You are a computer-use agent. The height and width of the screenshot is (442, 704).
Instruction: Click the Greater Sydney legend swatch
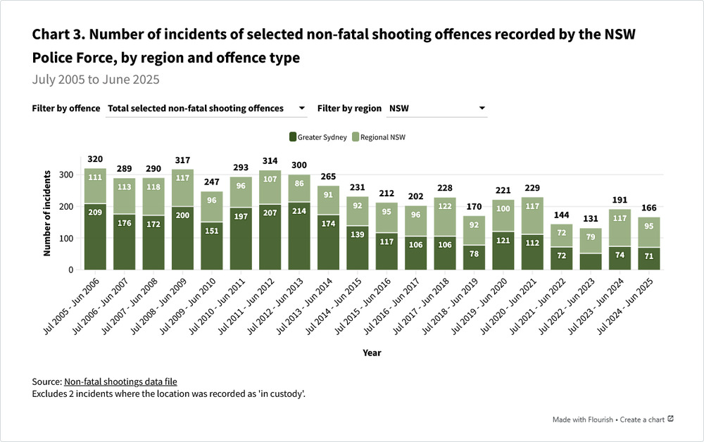point(293,137)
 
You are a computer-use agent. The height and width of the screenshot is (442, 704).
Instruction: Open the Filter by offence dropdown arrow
point(302,108)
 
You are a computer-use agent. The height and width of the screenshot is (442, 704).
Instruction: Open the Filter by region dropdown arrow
point(482,108)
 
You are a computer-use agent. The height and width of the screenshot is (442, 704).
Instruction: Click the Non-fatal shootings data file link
point(120,381)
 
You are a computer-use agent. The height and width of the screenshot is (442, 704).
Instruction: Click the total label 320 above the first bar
point(96,159)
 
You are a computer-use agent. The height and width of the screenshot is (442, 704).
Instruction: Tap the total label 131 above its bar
point(591,218)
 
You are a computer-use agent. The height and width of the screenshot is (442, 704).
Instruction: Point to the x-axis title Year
point(372,352)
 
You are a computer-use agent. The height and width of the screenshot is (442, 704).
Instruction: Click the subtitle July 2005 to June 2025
point(96,79)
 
